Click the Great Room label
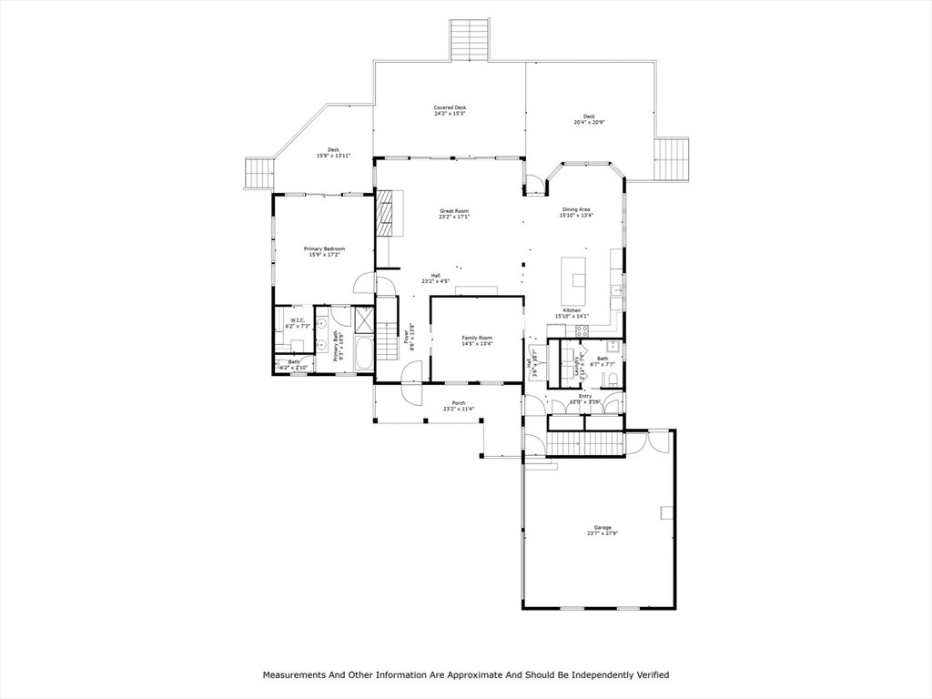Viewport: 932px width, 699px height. [x=454, y=211]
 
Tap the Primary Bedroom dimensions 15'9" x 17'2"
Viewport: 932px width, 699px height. [x=324, y=256]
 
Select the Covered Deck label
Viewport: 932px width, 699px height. [x=450, y=108]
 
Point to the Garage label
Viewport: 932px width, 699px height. [x=603, y=527]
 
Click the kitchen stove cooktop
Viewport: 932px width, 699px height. [x=582, y=329]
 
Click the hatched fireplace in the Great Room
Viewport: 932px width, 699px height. [x=390, y=214]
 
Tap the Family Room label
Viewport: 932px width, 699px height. [x=476, y=338]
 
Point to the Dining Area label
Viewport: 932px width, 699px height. [x=576, y=209]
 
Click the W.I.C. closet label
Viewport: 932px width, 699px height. [x=297, y=320]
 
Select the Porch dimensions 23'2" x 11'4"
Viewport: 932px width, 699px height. [x=459, y=409]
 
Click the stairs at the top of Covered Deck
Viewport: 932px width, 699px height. [x=471, y=40]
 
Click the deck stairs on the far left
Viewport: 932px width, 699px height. [x=258, y=174]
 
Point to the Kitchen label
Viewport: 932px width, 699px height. [x=572, y=310]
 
